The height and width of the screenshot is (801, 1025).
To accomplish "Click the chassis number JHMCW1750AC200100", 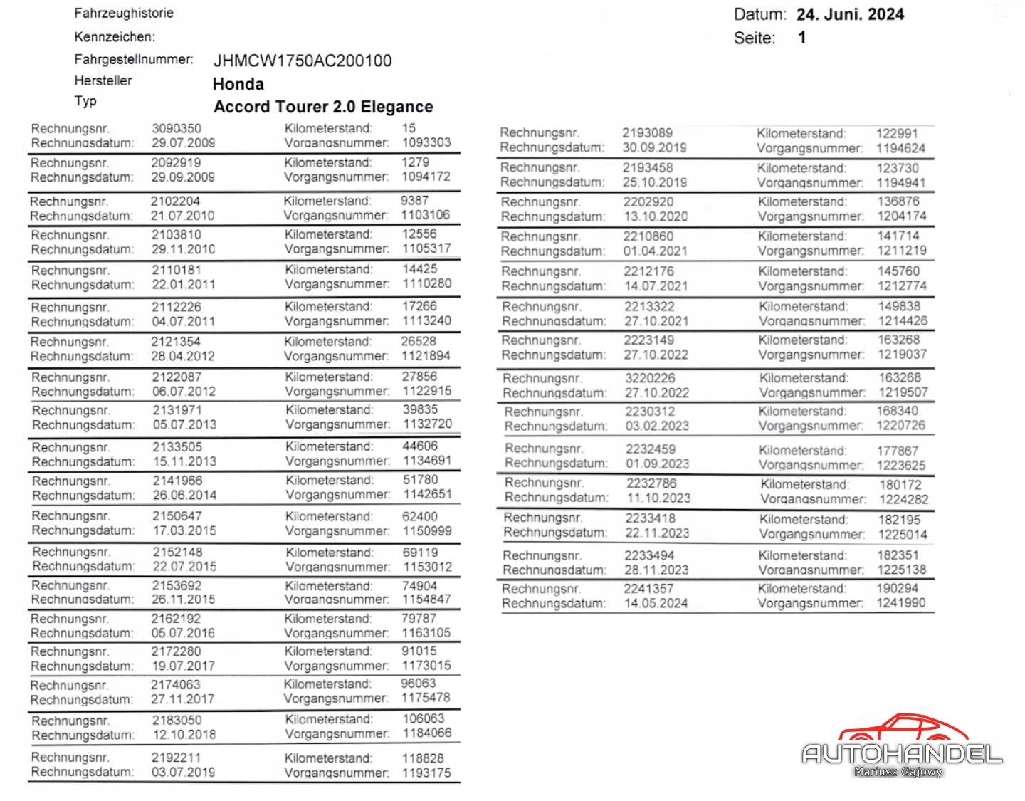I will (x=303, y=61).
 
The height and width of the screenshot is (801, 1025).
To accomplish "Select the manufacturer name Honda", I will (x=238, y=84).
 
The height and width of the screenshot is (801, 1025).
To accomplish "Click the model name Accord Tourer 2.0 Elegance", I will (x=323, y=107).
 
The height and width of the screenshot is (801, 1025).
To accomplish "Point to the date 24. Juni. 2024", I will (x=850, y=14).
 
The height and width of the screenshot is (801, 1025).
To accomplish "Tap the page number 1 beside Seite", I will (x=802, y=37).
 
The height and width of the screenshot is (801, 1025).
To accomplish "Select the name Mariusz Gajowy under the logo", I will (x=898, y=772).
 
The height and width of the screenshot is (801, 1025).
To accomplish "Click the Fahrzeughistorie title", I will (x=124, y=13).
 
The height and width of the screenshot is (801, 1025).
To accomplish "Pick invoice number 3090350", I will (x=177, y=128).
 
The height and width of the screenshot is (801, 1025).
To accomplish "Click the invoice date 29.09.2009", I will (x=183, y=177).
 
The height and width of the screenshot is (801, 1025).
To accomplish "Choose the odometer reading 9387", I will (x=414, y=201).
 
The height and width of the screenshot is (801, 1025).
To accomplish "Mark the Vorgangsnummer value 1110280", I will (x=426, y=283).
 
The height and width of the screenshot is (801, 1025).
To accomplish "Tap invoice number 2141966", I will (x=177, y=481).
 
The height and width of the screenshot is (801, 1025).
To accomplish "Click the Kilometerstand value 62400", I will (x=420, y=516).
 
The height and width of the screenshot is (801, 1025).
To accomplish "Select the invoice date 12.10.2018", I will (x=184, y=734).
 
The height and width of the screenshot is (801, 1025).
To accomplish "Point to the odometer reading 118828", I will (x=423, y=758).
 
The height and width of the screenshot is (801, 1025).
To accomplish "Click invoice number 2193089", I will (x=647, y=133).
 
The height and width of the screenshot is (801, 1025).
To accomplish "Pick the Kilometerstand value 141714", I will (x=898, y=236).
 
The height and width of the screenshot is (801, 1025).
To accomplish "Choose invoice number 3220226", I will (x=650, y=378).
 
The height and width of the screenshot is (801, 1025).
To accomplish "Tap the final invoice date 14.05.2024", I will (x=656, y=604).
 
